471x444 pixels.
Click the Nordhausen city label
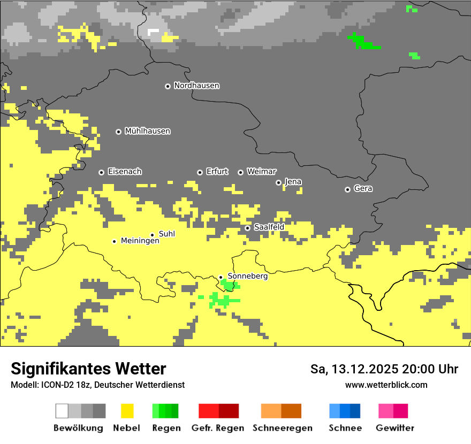point(196,86)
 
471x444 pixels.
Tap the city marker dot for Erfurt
point(200,172)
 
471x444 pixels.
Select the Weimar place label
point(261,172)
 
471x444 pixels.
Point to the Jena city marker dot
point(278,182)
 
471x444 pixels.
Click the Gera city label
point(363,189)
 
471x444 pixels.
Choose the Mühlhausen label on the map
point(147,131)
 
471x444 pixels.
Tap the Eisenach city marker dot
point(101,172)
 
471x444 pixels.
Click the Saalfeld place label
point(269,227)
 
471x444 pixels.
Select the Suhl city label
point(166,234)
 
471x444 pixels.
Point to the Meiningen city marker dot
point(114,241)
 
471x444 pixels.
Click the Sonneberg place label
point(247,276)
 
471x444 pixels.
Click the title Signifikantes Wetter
point(88,369)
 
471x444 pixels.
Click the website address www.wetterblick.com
point(386,385)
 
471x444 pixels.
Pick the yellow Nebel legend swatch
point(127,411)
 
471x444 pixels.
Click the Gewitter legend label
point(394,428)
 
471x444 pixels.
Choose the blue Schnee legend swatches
point(344,411)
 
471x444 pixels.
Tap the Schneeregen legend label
point(282,428)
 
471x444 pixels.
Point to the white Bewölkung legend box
point(62,411)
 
